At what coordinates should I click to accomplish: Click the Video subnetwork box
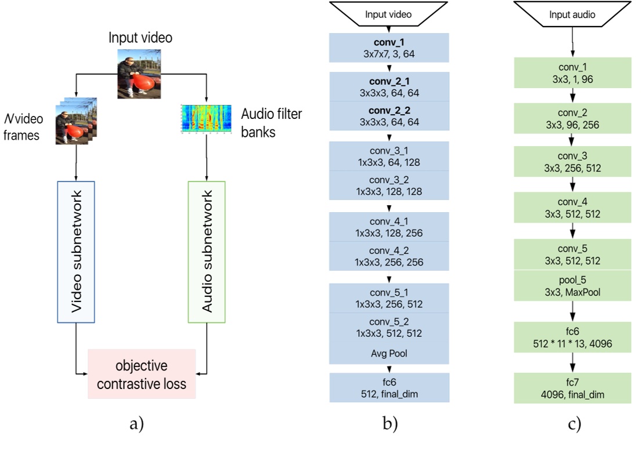point(75,252)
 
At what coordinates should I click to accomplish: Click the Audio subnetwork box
point(207,252)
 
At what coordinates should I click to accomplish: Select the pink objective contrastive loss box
point(142,374)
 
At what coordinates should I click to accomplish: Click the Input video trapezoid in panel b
point(389,14)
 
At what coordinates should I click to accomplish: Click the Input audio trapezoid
point(572,14)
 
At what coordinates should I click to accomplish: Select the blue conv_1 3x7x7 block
point(389,48)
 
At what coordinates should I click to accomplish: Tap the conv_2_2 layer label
point(389,110)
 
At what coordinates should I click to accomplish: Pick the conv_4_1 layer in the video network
point(389,227)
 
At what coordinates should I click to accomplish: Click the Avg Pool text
point(389,352)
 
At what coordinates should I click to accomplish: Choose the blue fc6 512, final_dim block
point(389,388)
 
